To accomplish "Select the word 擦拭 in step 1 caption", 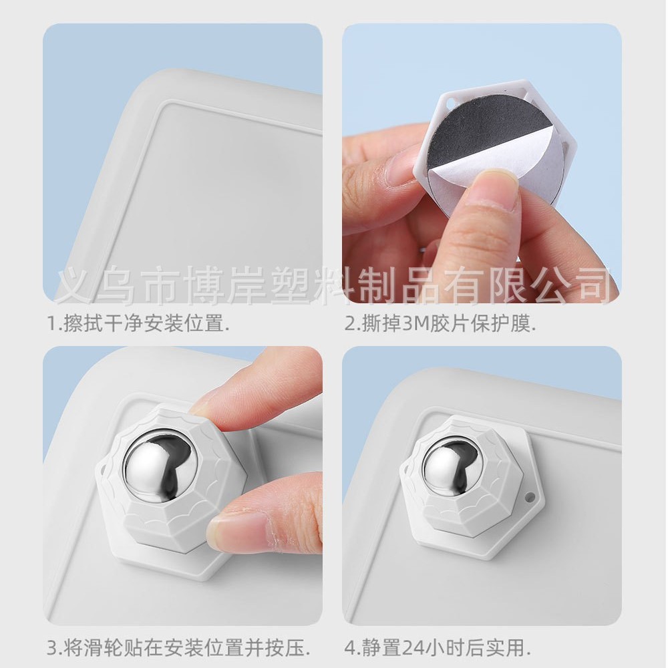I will point(81,325).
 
